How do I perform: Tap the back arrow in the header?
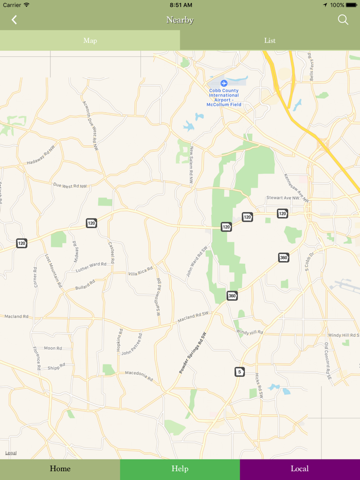click(x=14, y=20)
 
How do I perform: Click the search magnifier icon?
click(x=343, y=20)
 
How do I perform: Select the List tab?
click(x=270, y=41)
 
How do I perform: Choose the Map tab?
click(x=90, y=41)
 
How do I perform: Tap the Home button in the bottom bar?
click(x=60, y=469)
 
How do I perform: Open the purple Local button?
click(x=300, y=469)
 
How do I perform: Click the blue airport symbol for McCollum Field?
click(x=224, y=83)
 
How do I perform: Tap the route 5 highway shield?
click(x=239, y=372)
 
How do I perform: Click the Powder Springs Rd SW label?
click(x=193, y=353)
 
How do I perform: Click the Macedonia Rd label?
click(x=139, y=376)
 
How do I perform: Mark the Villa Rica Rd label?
click(x=140, y=271)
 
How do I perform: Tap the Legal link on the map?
click(x=11, y=453)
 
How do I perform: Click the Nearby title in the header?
click(x=180, y=20)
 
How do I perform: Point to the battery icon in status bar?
click(x=351, y=5)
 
